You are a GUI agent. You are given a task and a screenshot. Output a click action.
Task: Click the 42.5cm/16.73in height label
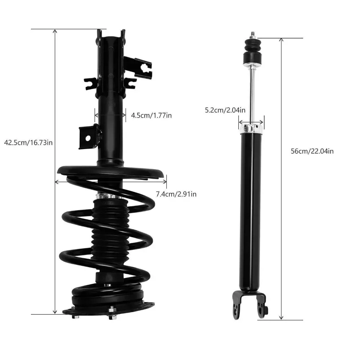[28, 143]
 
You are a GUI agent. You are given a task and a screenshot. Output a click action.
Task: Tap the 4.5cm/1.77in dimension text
[151, 115]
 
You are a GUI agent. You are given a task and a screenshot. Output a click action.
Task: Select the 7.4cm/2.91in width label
[176, 194]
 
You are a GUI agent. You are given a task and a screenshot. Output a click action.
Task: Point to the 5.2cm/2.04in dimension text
[225, 110]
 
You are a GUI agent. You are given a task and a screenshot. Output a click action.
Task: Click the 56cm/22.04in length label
[312, 151]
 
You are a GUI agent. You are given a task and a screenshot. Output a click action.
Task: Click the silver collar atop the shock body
[251, 129]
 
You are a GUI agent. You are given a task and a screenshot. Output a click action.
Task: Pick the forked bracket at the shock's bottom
[250, 304]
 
